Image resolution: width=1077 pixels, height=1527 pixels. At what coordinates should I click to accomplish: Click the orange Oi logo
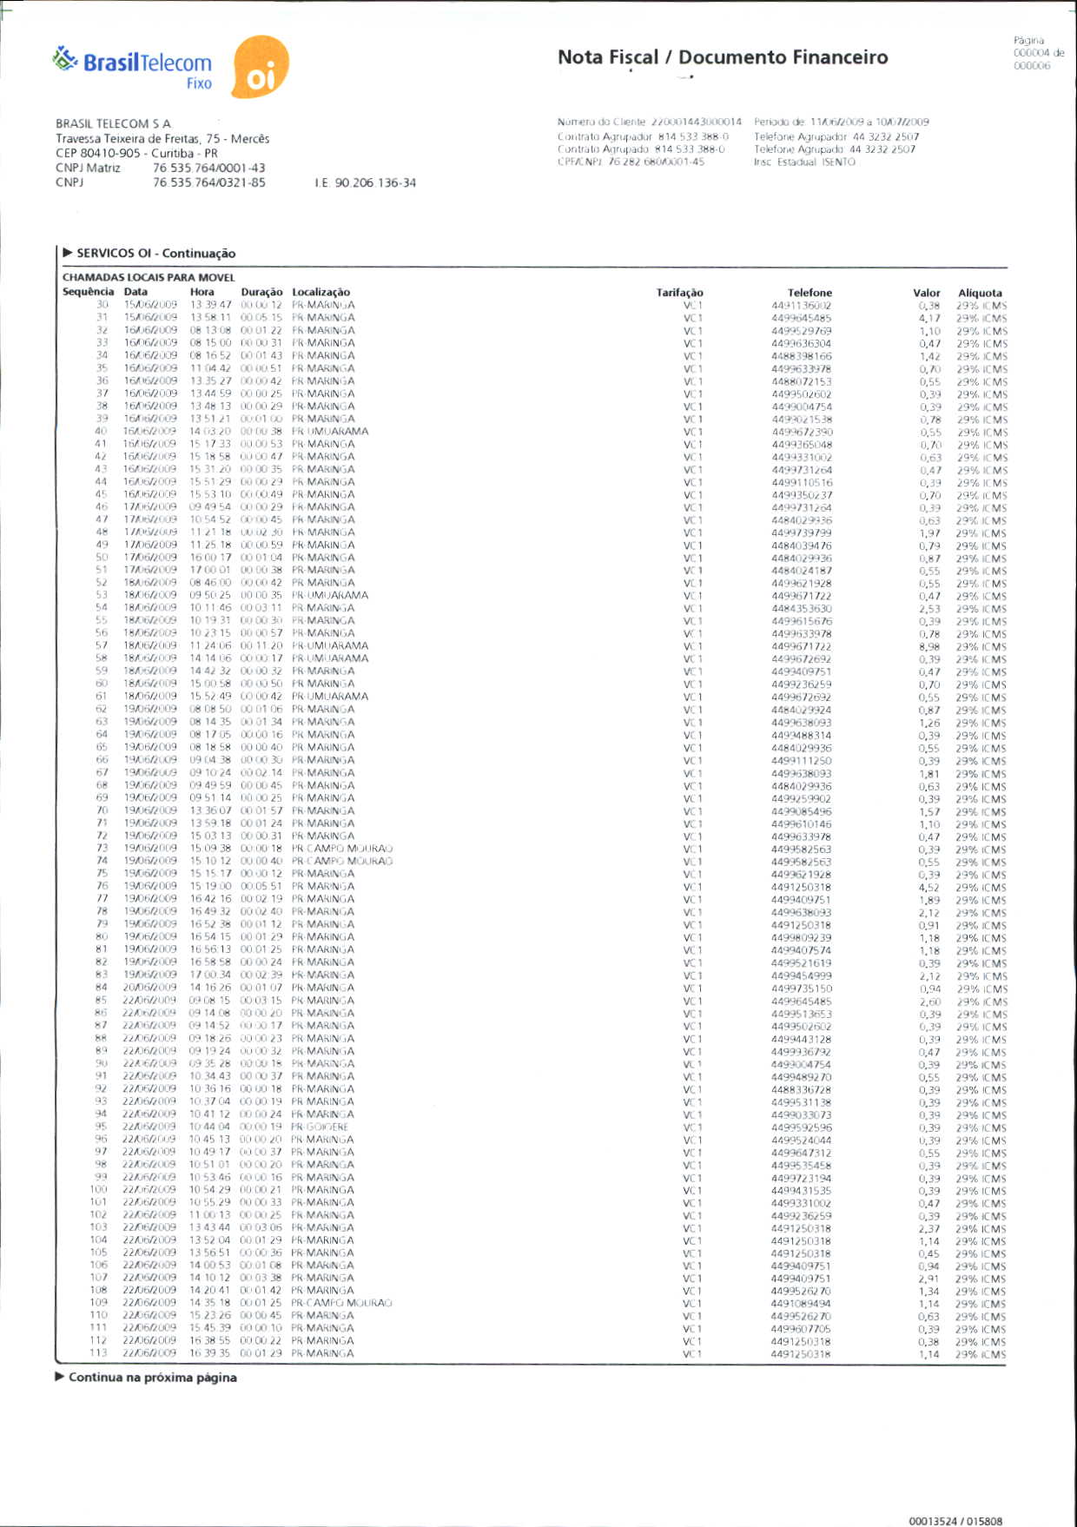(261, 68)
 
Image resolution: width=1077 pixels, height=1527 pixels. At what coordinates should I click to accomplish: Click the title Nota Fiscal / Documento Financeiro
(723, 57)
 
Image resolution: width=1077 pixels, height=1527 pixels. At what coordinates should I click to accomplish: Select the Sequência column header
(88, 292)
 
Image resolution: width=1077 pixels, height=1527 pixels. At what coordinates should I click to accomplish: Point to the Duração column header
(261, 293)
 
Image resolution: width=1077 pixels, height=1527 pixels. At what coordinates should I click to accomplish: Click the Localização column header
(321, 293)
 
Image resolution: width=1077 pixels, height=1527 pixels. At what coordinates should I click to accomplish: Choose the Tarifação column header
(679, 293)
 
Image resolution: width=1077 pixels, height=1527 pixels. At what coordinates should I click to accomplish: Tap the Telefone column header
(809, 293)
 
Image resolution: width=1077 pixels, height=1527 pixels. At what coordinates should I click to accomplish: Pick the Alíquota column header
(980, 293)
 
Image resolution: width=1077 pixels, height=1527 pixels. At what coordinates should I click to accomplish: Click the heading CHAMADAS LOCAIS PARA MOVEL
(149, 278)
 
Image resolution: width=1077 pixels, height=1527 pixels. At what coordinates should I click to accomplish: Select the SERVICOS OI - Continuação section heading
(155, 254)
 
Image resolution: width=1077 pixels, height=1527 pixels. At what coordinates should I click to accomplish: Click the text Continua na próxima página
(152, 1378)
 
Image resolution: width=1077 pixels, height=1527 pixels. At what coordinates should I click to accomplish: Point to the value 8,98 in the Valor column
(929, 646)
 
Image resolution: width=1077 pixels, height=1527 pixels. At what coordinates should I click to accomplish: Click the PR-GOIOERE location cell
(320, 1127)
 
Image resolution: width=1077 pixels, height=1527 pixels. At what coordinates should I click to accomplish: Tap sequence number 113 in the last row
(98, 1353)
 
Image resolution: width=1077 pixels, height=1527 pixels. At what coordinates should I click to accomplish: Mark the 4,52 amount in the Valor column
(929, 888)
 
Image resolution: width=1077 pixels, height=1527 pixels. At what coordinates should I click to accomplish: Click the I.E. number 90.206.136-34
(366, 183)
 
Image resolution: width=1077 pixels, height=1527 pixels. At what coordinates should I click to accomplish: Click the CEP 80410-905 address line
(136, 154)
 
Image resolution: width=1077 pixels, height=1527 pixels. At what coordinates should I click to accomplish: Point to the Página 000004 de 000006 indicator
(1038, 53)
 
